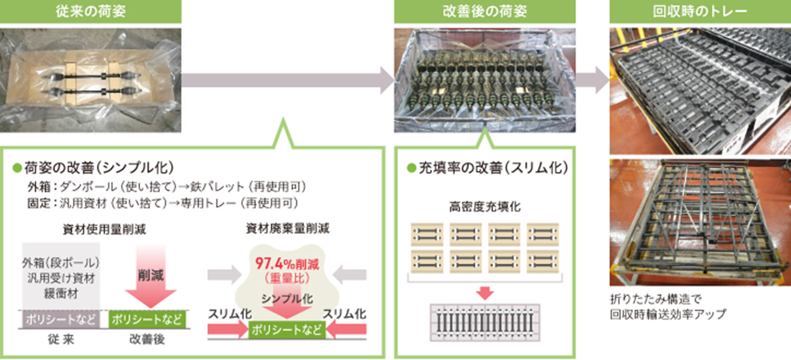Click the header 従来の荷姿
click(x=91, y=12)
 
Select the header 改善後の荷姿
click(x=485, y=12)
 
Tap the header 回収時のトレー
click(x=700, y=12)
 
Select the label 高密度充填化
click(x=485, y=207)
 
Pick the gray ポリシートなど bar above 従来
click(x=59, y=319)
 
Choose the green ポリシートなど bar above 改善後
click(x=147, y=319)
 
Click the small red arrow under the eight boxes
click(x=485, y=291)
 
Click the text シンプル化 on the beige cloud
click(x=288, y=299)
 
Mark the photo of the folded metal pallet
click(x=700, y=221)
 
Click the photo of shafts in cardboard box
click(x=91, y=80)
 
